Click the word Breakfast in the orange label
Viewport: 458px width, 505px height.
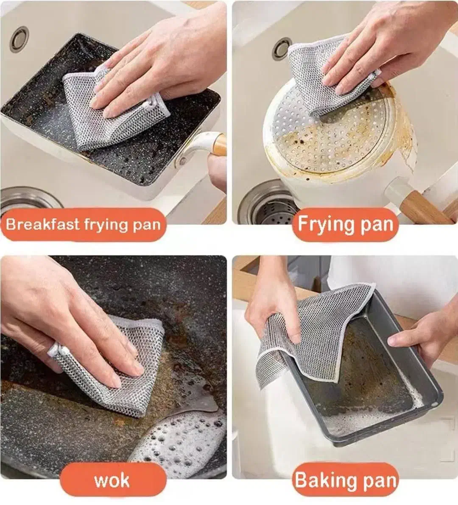pos(43,224)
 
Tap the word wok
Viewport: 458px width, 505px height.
pos(112,481)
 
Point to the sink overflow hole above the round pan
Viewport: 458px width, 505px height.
pos(282,48)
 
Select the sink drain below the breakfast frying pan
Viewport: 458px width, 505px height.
pos(29,203)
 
